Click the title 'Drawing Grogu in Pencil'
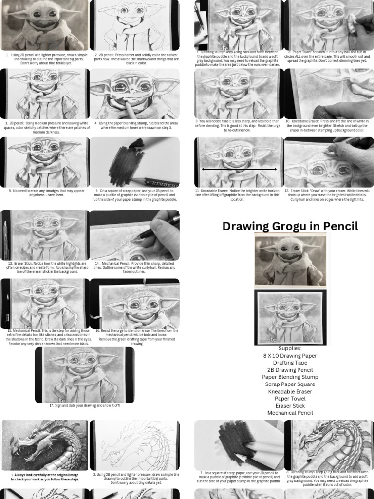290,226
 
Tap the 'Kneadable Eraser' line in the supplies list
290,391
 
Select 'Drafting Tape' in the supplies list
290,363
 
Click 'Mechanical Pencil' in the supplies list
290,413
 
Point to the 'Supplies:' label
290,348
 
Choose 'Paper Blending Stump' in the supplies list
290,377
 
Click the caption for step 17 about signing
84,405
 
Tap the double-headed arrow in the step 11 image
239,169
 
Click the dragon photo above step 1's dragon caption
45,445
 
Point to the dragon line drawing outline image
134,445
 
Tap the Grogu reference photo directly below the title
290,260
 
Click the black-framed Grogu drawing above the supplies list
290,317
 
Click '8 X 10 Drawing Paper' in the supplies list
290,356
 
